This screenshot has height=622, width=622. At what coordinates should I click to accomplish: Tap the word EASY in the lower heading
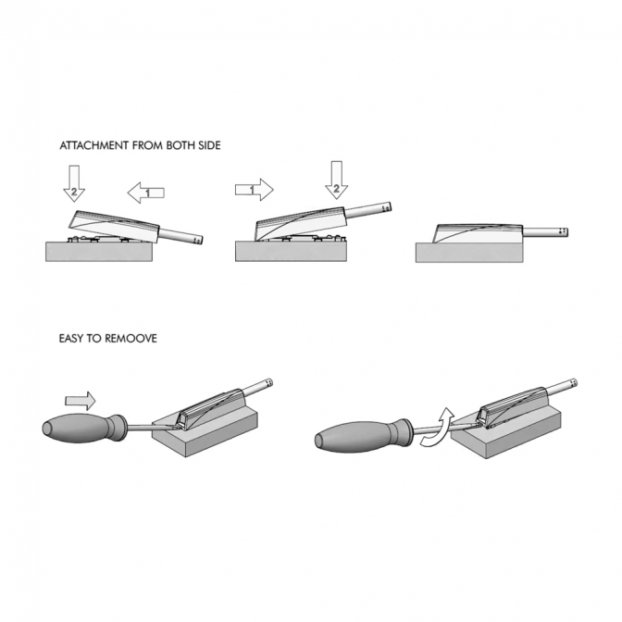pos(70,339)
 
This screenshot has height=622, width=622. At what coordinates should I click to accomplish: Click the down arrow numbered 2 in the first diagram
pos(74,183)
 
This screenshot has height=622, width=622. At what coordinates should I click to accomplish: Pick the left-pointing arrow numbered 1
pos(145,193)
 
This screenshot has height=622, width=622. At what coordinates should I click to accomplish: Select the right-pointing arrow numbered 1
pos(255,190)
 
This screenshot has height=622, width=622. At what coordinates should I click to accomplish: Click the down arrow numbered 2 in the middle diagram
pos(336,180)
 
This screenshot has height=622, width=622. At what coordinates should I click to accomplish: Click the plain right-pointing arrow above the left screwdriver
pos(81,401)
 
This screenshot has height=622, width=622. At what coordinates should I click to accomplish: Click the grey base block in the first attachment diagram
pos(99,252)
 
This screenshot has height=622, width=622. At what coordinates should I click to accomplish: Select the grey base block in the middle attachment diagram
pos(291,252)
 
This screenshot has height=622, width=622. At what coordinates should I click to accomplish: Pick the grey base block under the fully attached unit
pos(469,253)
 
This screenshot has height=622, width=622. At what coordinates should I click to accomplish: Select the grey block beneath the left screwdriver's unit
pos(205,429)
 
